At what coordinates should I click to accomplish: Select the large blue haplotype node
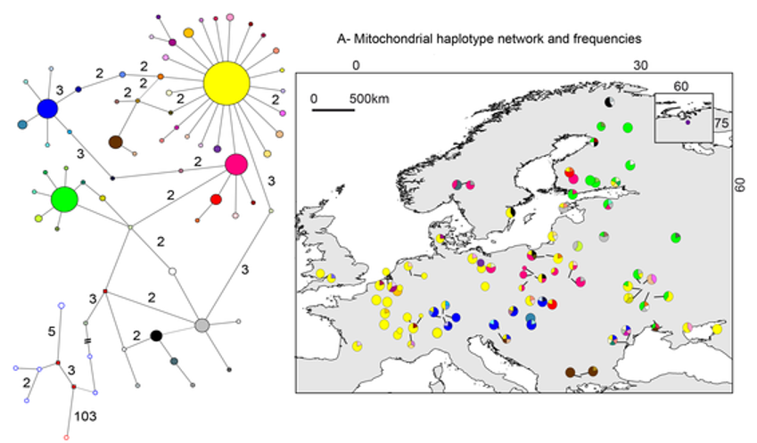coord(47,109)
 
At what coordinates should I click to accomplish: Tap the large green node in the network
coord(64,199)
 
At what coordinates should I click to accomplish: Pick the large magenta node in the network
coord(236,164)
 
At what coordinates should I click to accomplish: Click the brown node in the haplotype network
coord(115,142)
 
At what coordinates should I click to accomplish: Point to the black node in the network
coord(156,335)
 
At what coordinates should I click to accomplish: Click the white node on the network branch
coord(172,270)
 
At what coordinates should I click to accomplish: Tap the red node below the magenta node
coord(215,199)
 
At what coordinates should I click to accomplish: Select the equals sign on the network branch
coord(87,341)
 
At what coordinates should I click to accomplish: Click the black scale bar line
coord(336,111)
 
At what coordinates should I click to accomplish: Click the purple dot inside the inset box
coord(687,122)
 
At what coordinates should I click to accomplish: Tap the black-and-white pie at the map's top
coord(609,103)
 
